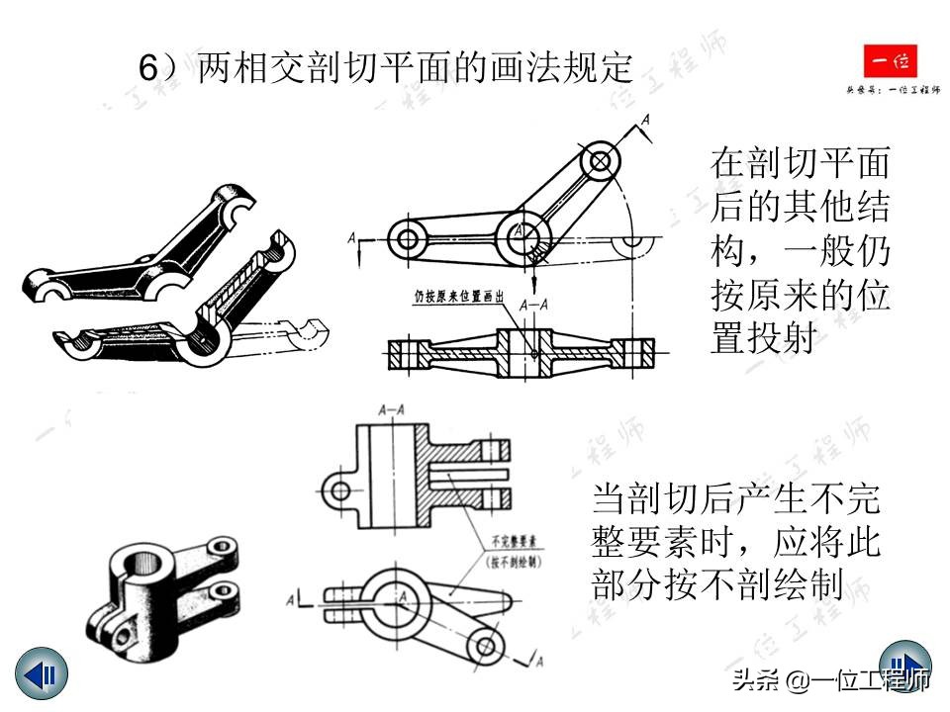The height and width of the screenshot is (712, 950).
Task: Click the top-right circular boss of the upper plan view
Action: click(x=599, y=158)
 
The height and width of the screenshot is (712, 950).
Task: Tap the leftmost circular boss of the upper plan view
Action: click(x=406, y=237)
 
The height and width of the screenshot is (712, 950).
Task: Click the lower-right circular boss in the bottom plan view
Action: click(x=485, y=646)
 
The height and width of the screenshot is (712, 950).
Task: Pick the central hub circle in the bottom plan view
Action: click(x=402, y=596)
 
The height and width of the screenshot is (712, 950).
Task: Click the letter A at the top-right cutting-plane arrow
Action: click(x=645, y=121)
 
